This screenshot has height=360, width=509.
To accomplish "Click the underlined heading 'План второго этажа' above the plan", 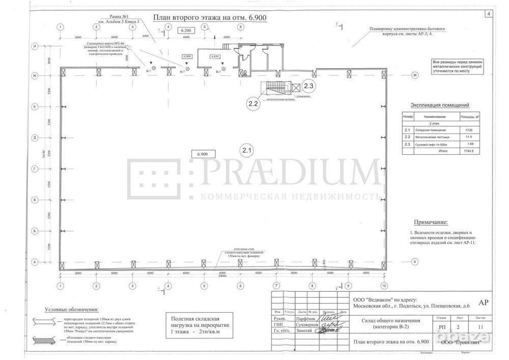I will (210, 17).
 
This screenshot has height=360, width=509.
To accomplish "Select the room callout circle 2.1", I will (247, 150).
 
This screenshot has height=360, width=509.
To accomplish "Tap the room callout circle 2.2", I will (254, 104).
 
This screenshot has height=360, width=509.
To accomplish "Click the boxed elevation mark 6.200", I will (186, 31).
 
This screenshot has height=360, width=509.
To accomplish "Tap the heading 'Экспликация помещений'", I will (439, 105).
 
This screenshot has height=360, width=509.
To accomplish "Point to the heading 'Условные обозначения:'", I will (72, 310).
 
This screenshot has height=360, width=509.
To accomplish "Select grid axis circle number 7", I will (276, 286).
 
